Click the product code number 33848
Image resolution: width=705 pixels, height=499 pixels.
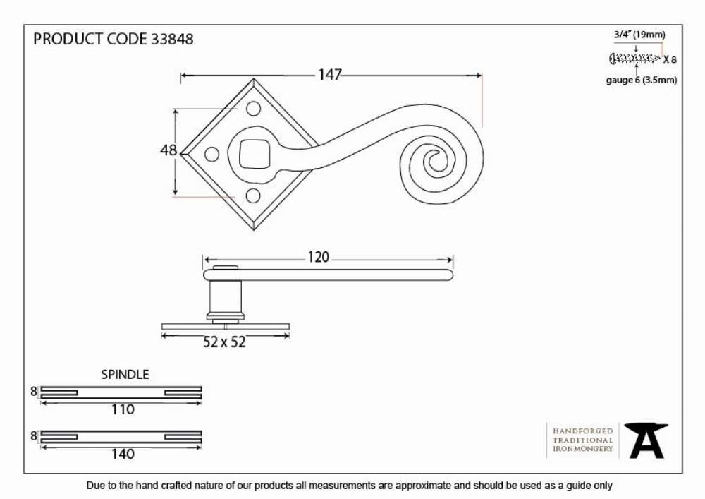coord(172,39)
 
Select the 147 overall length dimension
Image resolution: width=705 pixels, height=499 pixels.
coord(330,75)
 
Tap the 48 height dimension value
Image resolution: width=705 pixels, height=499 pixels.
coord(168,150)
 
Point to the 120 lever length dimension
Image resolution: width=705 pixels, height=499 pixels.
coord(319,258)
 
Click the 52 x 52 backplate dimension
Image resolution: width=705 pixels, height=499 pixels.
coord(224,342)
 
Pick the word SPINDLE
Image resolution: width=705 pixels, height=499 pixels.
coord(125,374)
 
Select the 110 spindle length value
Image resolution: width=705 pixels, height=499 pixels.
coord(123,409)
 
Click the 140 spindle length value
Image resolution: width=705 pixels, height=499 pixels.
coord(123,454)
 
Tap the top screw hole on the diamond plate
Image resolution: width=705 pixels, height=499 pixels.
coord(253,108)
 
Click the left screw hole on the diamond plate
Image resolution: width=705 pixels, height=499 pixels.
coord(211,155)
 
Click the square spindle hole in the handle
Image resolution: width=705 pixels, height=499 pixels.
coord(253,153)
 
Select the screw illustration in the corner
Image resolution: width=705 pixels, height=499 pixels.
coord(635,58)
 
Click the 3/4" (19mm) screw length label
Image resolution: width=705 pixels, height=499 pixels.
coord(639,35)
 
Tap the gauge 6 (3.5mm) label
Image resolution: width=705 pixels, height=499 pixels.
coord(641,80)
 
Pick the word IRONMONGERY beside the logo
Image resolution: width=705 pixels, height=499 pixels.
coord(583,449)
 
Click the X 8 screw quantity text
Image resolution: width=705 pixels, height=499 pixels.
coord(670,59)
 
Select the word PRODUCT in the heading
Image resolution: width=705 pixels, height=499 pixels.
coord(68,39)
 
